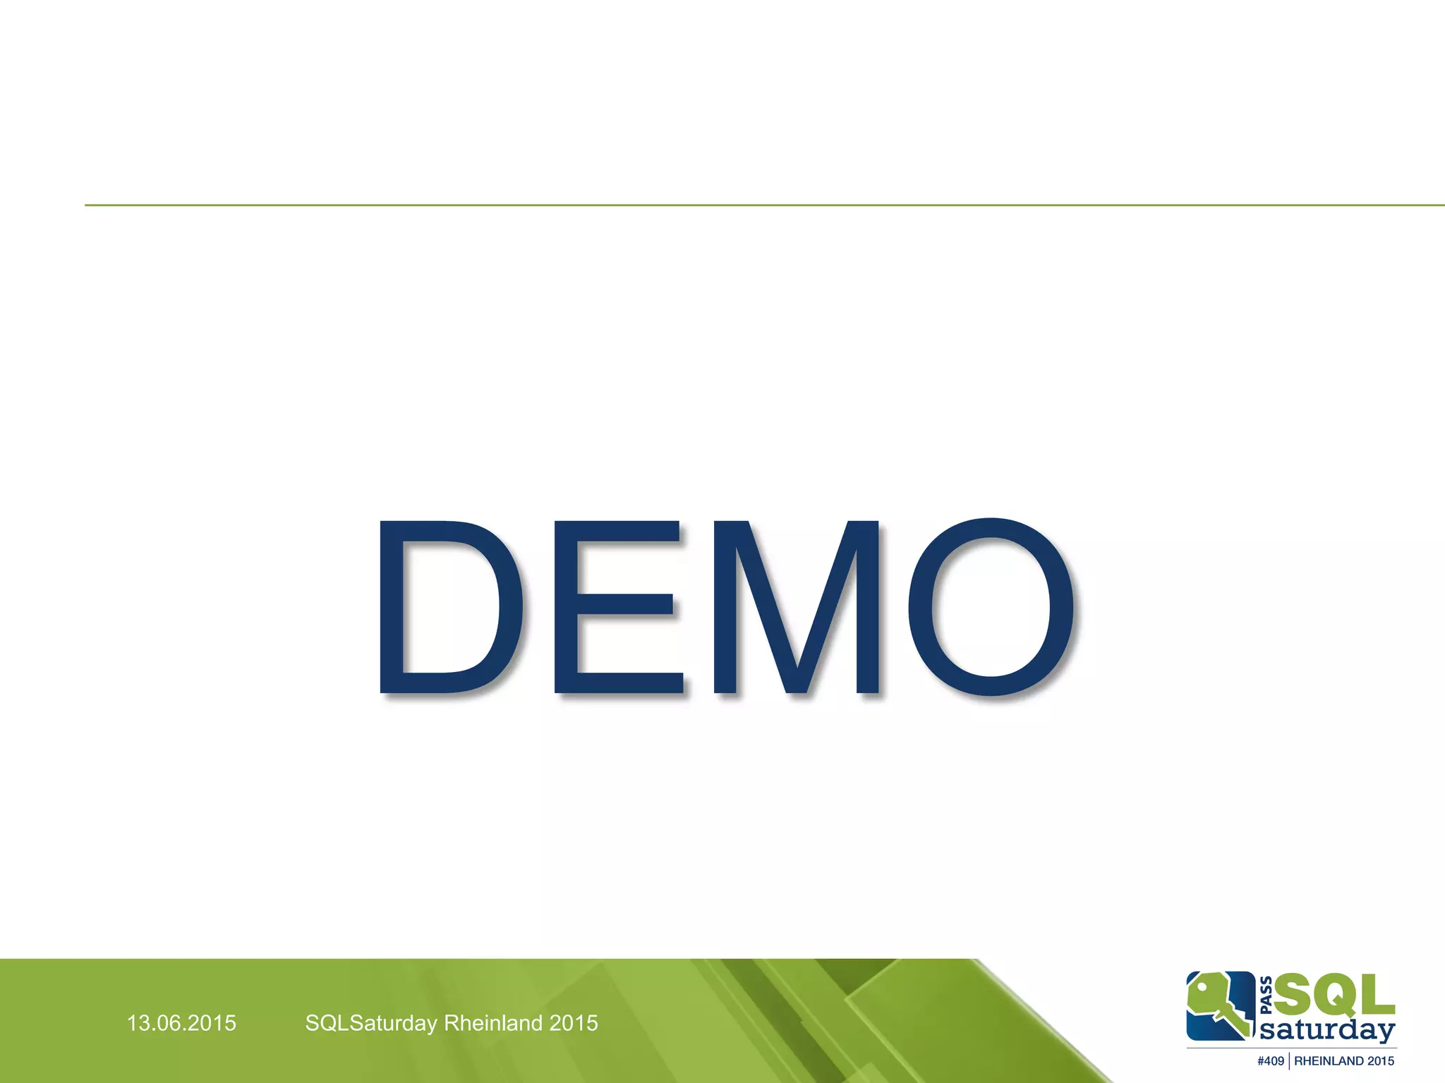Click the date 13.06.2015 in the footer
point(181,1023)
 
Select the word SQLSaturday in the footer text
point(371,1023)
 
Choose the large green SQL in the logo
point(1334,995)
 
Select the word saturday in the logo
point(1326,1030)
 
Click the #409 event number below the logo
point(1271,1061)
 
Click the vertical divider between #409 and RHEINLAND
point(1289,1061)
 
